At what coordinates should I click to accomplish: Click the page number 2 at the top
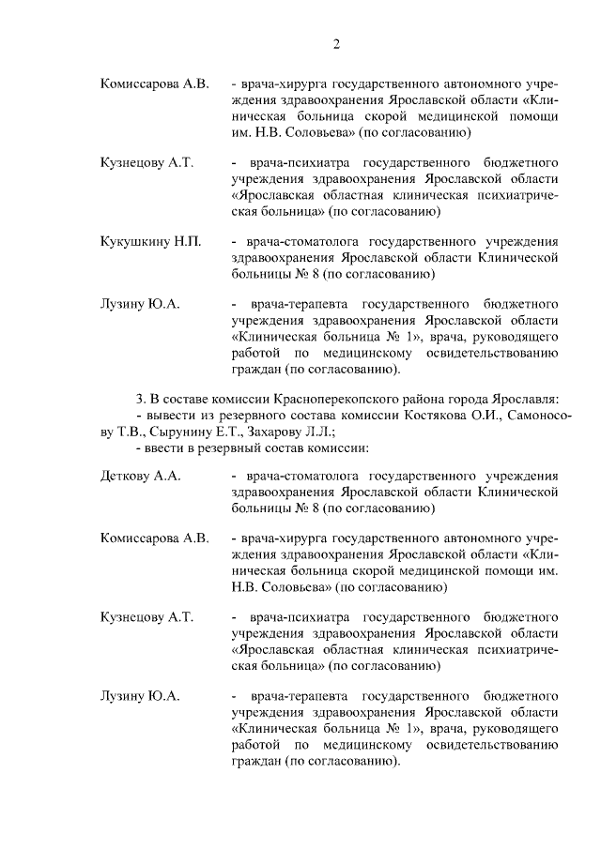(335, 44)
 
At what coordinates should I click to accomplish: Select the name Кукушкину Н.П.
(146, 241)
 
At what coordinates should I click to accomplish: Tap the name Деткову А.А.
(140, 475)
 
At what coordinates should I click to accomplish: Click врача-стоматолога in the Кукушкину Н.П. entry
(298, 241)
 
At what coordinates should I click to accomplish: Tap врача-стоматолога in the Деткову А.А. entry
(298, 475)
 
